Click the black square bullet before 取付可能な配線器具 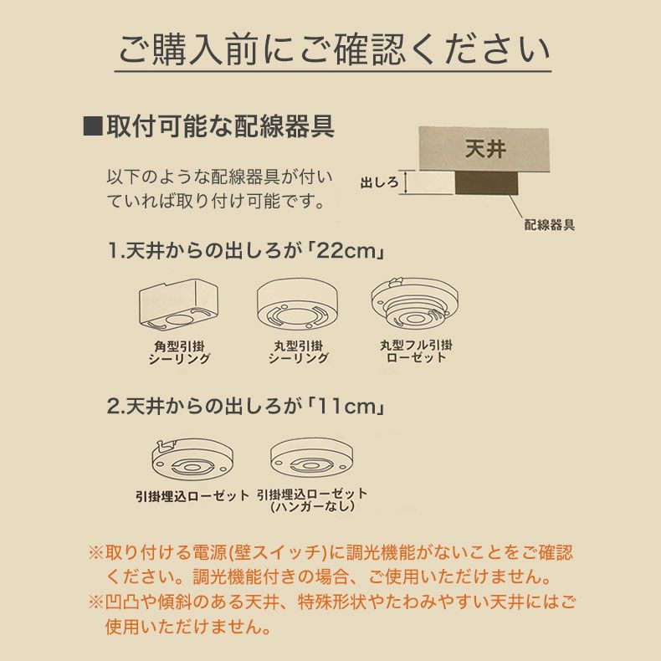pos(93,127)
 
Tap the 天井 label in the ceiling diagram pos(484,150)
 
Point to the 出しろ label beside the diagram pos(378,182)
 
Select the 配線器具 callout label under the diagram pos(549,225)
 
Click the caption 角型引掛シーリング pos(179,352)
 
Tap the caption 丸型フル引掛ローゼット pos(416,351)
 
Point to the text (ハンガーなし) pos(312,507)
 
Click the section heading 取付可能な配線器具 pos(220,127)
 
